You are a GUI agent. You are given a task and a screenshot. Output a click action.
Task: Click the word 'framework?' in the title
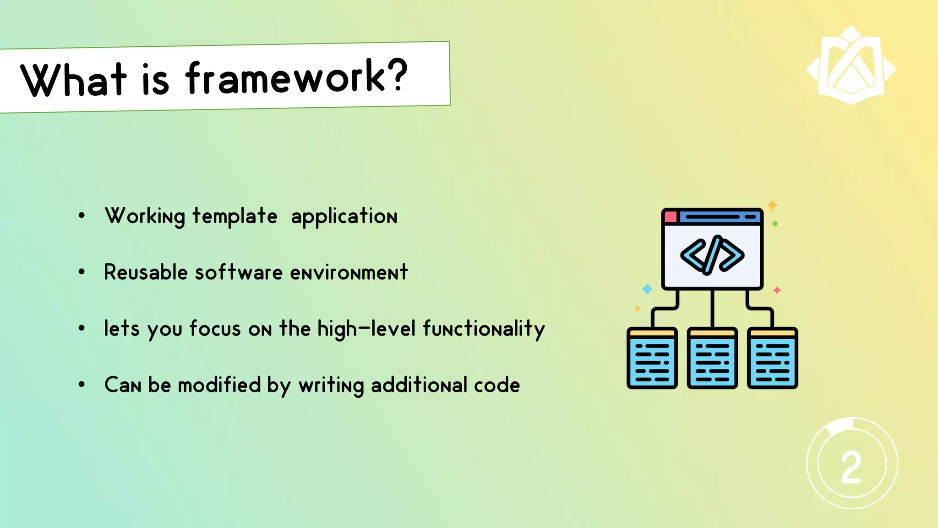click(x=296, y=77)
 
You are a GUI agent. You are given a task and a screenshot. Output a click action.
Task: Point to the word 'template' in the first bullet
click(x=234, y=216)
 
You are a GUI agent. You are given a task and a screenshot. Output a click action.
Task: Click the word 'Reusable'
click(x=146, y=272)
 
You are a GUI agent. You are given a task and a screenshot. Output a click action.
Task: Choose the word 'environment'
click(x=349, y=272)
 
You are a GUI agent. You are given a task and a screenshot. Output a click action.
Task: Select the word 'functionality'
click(x=484, y=329)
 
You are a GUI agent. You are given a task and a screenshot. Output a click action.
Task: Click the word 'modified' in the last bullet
click(x=219, y=385)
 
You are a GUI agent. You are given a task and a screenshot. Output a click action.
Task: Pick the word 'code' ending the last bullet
click(x=497, y=385)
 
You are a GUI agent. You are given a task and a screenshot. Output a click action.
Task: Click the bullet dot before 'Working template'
click(x=82, y=215)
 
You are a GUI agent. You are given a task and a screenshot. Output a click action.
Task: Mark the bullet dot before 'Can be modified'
click(x=82, y=385)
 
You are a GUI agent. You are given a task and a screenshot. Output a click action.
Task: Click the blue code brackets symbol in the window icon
click(x=712, y=255)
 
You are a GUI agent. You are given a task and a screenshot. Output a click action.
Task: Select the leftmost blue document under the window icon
click(x=652, y=358)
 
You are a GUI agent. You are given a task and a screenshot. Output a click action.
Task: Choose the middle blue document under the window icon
click(x=712, y=358)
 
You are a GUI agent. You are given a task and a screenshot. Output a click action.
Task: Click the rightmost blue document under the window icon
click(x=773, y=358)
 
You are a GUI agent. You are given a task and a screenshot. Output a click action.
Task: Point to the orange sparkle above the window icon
click(x=773, y=204)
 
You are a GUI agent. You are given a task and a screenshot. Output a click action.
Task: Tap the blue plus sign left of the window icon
click(x=647, y=289)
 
